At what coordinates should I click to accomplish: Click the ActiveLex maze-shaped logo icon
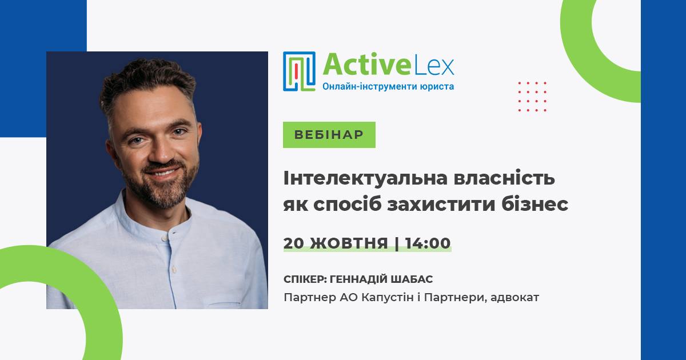point(299,71)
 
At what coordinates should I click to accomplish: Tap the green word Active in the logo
point(366,64)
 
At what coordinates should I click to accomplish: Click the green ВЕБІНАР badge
point(329,135)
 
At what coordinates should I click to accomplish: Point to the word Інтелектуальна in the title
point(366,178)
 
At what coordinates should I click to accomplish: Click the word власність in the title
point(504,178)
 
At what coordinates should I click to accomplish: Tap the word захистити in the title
point(441,204)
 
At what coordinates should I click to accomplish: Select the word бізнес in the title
point(535,204)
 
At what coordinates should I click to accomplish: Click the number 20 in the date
point(294,243)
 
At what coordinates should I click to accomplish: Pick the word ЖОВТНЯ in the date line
point(349,243)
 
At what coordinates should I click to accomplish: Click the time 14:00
point(428,243)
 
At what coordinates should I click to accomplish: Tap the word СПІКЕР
point(304,279)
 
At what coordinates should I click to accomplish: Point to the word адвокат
point(515,297)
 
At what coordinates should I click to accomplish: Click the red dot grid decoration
point(532,97)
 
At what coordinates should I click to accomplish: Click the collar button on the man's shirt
point(165,238)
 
